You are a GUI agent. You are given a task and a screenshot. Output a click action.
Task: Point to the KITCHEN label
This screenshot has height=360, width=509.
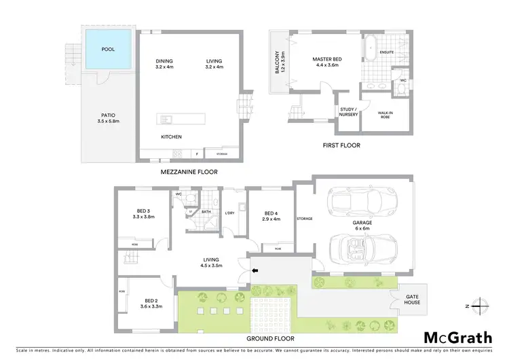(x=171, y=137)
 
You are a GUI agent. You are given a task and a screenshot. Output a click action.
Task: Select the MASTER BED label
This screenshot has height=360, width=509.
(x=327, y=62)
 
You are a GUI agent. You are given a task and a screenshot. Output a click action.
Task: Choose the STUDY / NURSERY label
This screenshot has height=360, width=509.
(x=348, y=113)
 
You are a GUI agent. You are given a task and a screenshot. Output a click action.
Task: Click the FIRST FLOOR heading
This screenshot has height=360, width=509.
(x=342, y=145)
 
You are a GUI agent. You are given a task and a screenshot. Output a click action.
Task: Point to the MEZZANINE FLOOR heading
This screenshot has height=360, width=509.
(x=189, y=173)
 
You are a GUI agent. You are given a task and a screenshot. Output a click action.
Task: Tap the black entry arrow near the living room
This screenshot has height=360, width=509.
(x=254, y=272)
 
